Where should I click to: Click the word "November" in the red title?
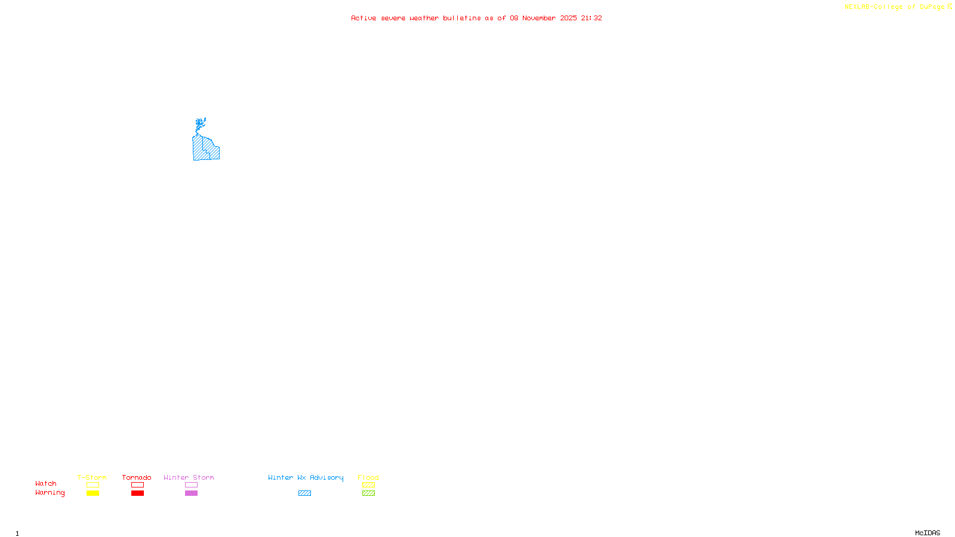pyautogui.click(x=539, y=18)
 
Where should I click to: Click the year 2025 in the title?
pyautogui.click(x=568, y=18)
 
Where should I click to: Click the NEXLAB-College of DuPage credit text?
pyautogui.click(x=894, y=7)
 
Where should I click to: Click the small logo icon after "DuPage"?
pyautogui.click(x=950, y=7)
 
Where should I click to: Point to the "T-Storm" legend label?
pyautogui.click(x=92, y=477)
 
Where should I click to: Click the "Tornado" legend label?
pyautogui.click(x=137, y=477)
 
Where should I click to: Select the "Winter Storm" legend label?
pyautogui.click(x=189, y=477)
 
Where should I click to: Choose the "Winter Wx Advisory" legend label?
pyautogui.click(x=306, y=477)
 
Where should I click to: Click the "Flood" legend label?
pyautogui.click(x=368, y=477)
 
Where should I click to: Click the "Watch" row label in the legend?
pyautogui.click(x=46, y=483)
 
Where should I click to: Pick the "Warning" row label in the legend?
pyautogui.click(x=50, y=493)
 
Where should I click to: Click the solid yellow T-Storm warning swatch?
pyautogui.click(x=93, y=493)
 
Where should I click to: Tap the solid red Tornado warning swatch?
pyautogui.click(x=137, y=493)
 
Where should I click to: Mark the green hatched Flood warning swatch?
pyautogui.click(x=368, y=493)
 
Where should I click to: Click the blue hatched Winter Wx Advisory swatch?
pyautogui.click(x=304, y=493)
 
